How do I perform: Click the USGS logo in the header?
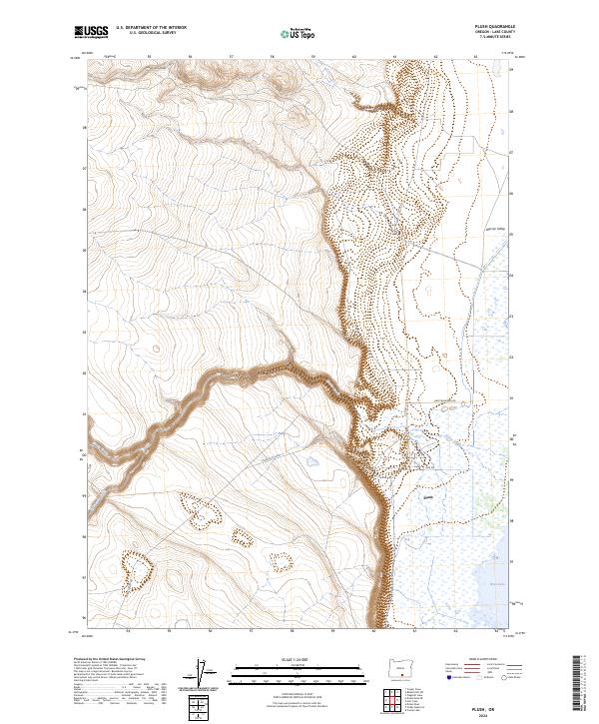click(x=90, y=32)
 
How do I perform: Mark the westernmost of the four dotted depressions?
click(x=137, y=571)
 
